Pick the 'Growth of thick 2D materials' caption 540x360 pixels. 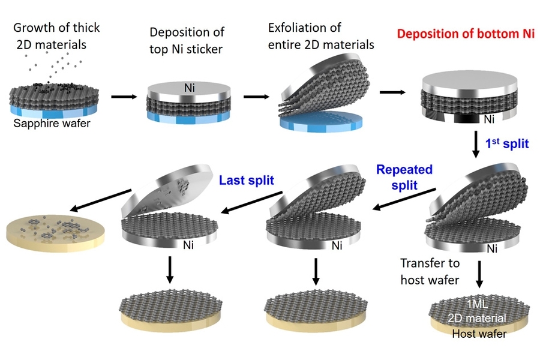(56, 35)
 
